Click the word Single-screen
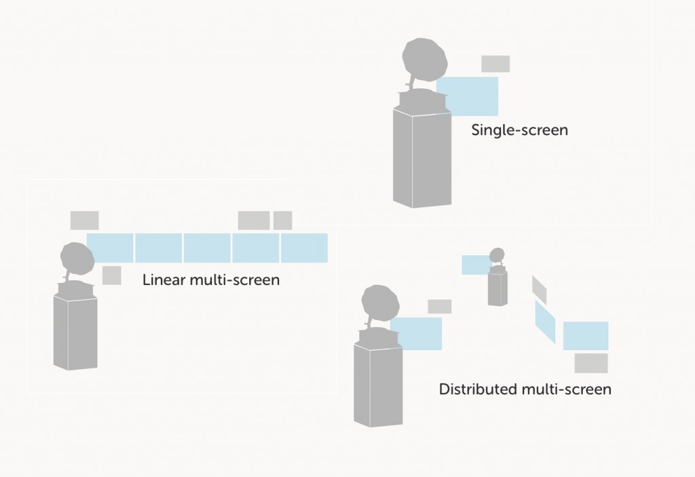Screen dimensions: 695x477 click(519, 130)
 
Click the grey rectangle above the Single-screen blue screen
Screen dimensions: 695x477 click(495, 64)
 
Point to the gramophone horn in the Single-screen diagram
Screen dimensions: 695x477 click(425, 60)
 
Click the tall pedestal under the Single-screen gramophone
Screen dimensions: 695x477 click(422, 157)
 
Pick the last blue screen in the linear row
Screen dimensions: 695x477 click(304, 248)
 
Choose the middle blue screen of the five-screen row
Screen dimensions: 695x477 click(207, 248)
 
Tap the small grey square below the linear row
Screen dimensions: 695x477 click(112, 275)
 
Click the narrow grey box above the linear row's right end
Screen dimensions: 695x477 click(282, 221)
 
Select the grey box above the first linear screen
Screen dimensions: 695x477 click(84, 221)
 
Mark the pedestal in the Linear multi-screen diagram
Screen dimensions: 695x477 click(75, 333)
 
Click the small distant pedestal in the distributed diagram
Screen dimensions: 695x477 click(497, 288)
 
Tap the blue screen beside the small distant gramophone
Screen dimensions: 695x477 click(475, 265)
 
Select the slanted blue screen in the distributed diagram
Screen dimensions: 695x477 click(545, 322)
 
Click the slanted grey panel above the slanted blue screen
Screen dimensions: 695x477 click(540, 290)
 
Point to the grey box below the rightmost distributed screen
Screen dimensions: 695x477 click(591, 363)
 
